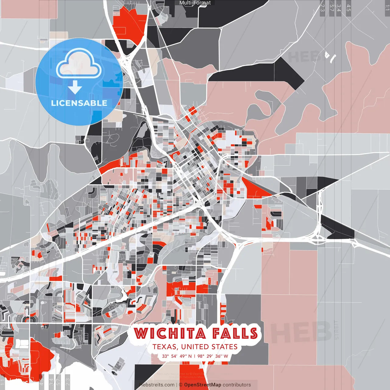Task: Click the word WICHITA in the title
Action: click(x=170, y=333)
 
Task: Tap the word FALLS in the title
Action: click(x=235, y=333)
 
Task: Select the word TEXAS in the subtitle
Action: click(x=165, y=347)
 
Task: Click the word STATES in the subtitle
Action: click(x=224, y=347)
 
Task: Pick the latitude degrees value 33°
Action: click(x=165, y=356)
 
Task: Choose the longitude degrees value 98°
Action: click(x=201, y=356)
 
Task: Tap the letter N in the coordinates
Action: click(x=190, y=356)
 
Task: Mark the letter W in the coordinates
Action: click(x=226, y=356)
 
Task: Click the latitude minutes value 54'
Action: click(x=174, y=356)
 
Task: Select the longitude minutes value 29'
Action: click(x=210, y=356)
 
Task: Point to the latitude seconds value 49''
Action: click(x=183, y=356)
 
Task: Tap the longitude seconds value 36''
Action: click(x=218, y=356)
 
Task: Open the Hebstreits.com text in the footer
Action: click(x=157, y=385)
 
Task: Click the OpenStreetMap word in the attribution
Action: click(x=203, y=385)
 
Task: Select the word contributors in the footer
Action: click(x=237, y=385)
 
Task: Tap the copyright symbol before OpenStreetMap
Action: click(x=181, y=385)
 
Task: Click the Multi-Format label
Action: click(x=195, y=3)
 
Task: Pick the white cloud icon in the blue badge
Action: click(x=79, y=65)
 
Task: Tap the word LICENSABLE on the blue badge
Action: click(x=79, y=103)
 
